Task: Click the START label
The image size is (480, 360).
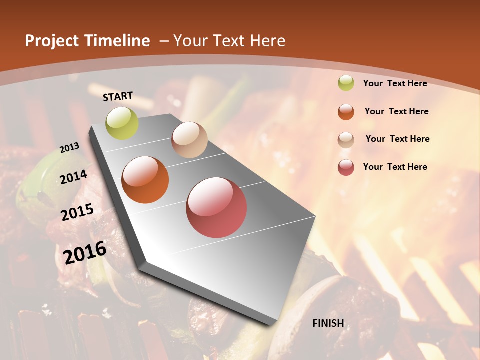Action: click(118, 96)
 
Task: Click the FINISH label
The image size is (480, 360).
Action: click(328, 323)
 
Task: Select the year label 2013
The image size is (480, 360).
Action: click(69, 148)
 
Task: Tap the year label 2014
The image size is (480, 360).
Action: click(73, 177)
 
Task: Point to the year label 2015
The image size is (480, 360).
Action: click(77, 212)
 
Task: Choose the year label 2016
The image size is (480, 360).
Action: click(85, 252)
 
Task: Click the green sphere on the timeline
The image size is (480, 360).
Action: click(122, 123)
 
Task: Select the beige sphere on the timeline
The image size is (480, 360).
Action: click(189, 140)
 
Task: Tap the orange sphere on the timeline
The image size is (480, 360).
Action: click(145, 180)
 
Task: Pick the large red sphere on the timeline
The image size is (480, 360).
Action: click(216, 207)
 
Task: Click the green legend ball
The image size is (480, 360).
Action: click(346, 83)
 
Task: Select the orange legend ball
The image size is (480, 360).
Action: click(346, 112)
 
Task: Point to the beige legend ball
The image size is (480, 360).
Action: click(346, 140)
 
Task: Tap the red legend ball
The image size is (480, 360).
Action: click(346, 167)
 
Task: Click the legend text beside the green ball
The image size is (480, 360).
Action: click(395, 83)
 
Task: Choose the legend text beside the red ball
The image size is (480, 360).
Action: click(395, 167)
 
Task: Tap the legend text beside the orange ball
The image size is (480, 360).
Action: click(396, 111)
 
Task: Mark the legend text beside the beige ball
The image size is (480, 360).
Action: click(397, 139)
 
